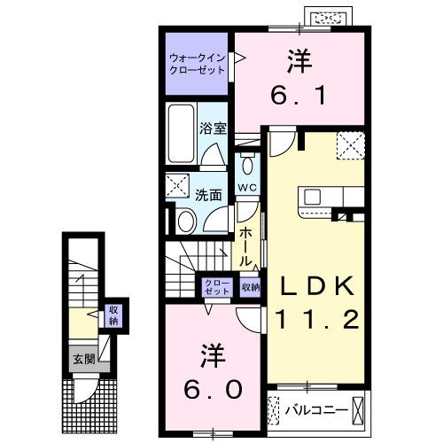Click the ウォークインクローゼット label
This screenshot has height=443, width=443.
(198, 64)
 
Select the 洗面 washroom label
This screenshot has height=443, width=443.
(209, 195)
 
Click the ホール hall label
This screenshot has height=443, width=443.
(247, 238)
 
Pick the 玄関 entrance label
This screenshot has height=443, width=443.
(83, 361)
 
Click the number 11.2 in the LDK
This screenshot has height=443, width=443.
(316, 318)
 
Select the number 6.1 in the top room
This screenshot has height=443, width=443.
(299, 91)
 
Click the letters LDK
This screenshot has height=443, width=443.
(316, 285)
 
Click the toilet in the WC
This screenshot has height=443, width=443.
(247, 166)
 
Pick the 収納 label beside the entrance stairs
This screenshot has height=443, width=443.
(113, 315)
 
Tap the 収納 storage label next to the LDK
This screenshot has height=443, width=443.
(252, 286)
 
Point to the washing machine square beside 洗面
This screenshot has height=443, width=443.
(175, 186)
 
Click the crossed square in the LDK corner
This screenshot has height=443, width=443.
(350, 144)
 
